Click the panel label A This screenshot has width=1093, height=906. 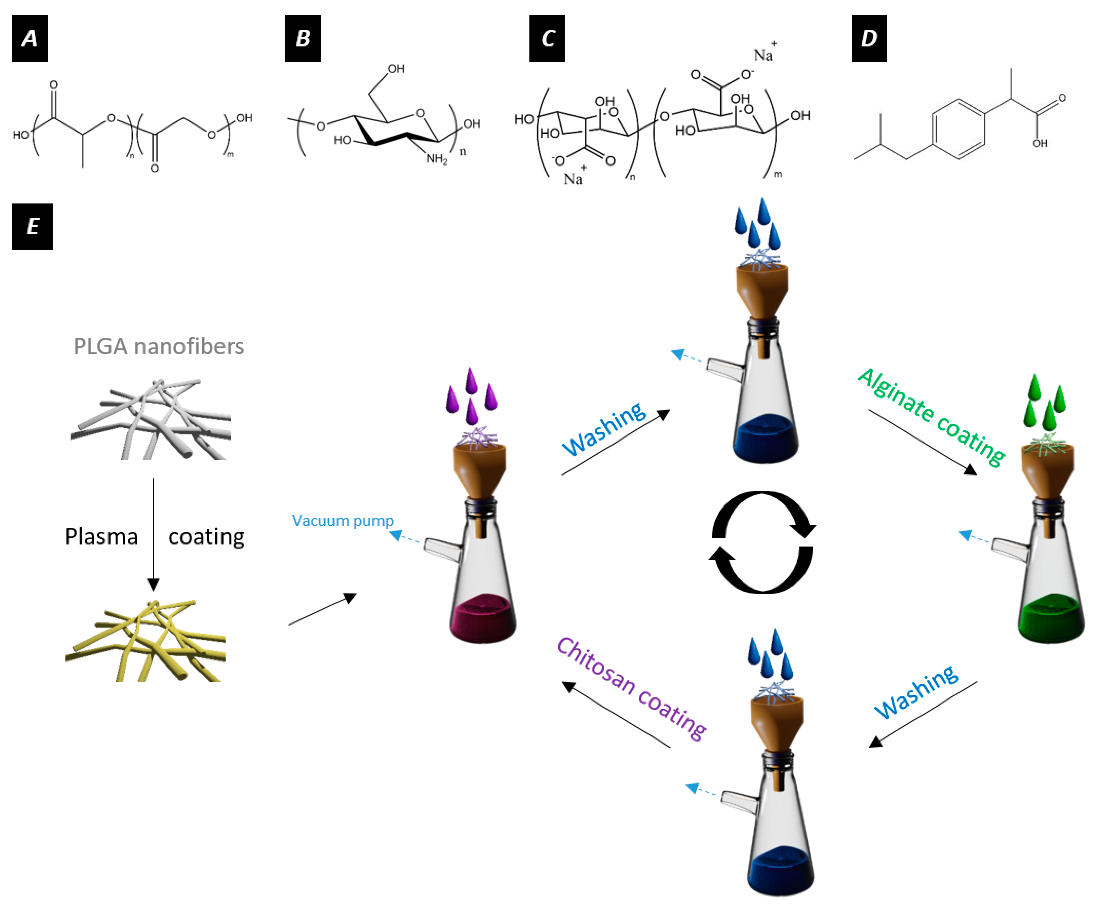(30, 38)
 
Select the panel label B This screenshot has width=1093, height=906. (303, 38)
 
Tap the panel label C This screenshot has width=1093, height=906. (547, 38)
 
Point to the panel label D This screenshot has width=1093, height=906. (869, 38)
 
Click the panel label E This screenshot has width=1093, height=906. (32, 226)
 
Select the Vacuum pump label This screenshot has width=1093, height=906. (342, 520)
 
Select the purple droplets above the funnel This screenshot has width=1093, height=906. (471, 395)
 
